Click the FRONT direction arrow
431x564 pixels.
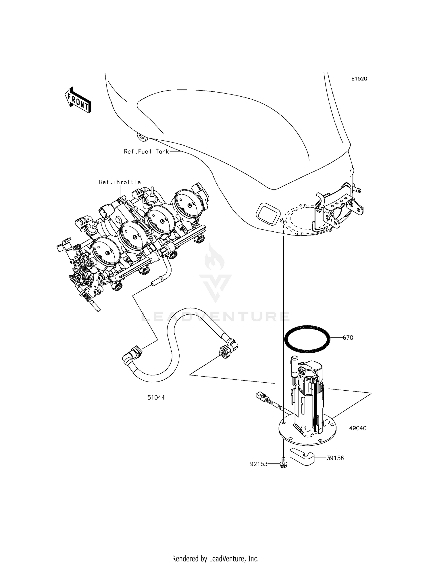pyautogui.click(x=78, y=100)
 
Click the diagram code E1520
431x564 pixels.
pyautogui.click(x=359, y=79)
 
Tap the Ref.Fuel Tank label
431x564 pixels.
pyautogui.click(x=146, y=151)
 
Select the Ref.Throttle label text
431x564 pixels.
pyautogui.click(x=120, y=182)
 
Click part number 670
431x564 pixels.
pyautogui.click(x=348, y=337)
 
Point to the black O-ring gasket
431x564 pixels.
pyautogui.click(x=307, y=338)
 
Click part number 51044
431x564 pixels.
pyautogui.click(x=156, y=398)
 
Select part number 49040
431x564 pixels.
pyautogui.click(x=358, y=428)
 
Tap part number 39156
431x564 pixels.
pyautogui.click(x=335, y=458)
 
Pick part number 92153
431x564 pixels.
pyautogui.click(x=259, y=464)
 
